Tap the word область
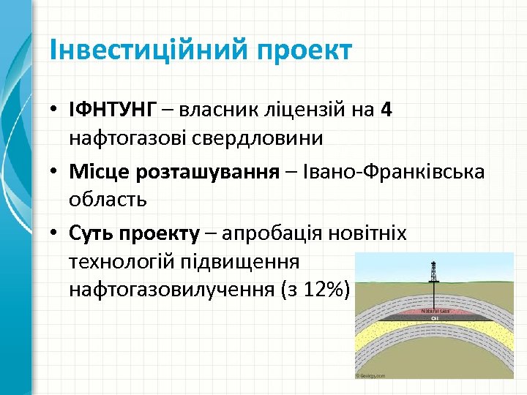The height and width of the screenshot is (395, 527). click(108, 198)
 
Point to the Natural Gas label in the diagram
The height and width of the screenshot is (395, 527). click(435, 311)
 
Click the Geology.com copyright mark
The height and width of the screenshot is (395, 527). click(371, 375)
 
